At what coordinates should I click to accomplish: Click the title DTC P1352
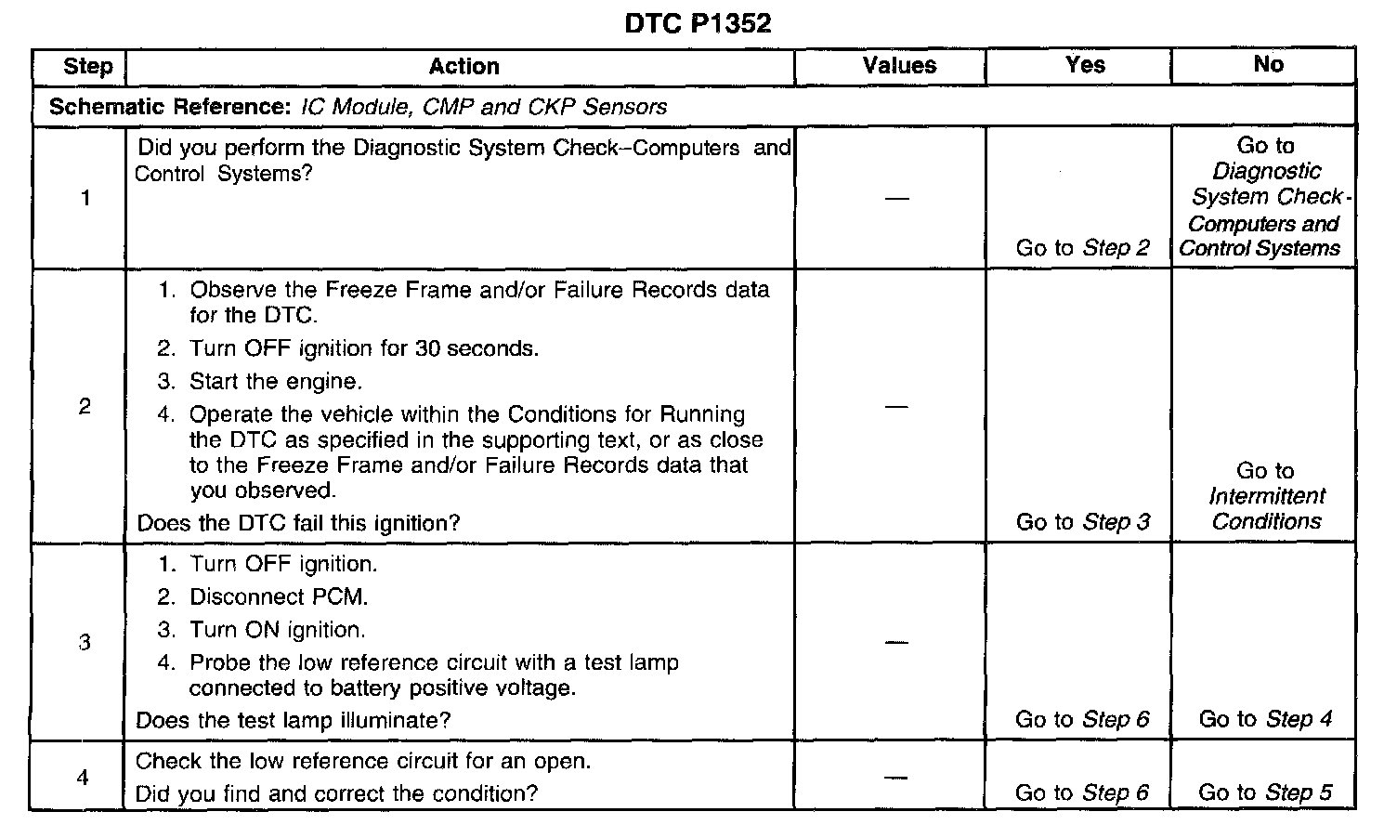point(698,23)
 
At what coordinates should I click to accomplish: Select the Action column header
point(463,66)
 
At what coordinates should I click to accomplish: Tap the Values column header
point(898,65)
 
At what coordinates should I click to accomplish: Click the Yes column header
point(1085,64)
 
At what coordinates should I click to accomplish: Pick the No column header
point(1268,64)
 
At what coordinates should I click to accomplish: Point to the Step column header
point(87,66)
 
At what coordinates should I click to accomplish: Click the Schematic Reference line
point(358,107)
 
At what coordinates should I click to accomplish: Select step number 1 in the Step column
point(85,198)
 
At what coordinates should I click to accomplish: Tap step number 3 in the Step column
point(85,642)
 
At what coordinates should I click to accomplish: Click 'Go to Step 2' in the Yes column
point(1082,248)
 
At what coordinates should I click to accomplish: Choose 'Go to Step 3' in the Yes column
point(1082,522)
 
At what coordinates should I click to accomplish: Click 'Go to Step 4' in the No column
point(1265,719)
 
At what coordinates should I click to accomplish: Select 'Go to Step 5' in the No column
point(1265,792)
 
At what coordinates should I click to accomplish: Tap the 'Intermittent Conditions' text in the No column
point(1266,508)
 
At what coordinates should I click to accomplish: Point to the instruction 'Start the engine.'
point(276,381)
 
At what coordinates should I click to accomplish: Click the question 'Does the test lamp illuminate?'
point(294,720)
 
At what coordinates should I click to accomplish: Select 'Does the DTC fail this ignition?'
point(298,523)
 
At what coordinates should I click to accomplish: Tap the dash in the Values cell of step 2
point(896,407)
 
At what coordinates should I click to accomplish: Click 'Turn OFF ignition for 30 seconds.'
point(364,348)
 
